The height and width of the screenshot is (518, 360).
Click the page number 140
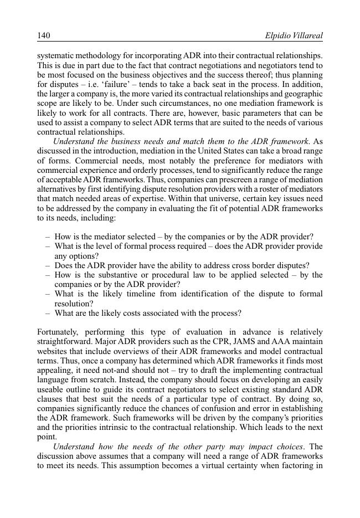pyautogui.click(x=44, y=35)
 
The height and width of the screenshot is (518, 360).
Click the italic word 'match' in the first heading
pyautogui.click(x=201, y=142)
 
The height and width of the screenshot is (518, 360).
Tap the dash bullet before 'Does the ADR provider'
pyautogui.click(x=48, y=265)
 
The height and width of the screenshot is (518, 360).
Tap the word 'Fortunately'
pyautogui.click(x=59, y=332)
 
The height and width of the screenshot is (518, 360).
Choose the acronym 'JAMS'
pyautogui.click(x=242, y=342)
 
